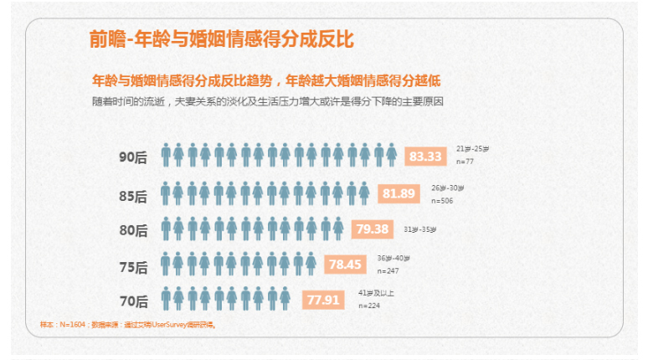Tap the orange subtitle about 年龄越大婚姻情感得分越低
click(266, 81)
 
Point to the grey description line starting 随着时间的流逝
click(267, 102)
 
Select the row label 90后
click(133, 157)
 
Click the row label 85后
click(133, 196)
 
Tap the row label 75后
click(133, 268)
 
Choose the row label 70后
click(133, 301)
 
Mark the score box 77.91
click(323, 299)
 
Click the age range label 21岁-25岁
click(473, 148)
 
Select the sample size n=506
click(442, 202)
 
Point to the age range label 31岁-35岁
click(419, 229)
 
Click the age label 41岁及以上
click(376, 292)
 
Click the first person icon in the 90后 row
click(167, 156)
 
